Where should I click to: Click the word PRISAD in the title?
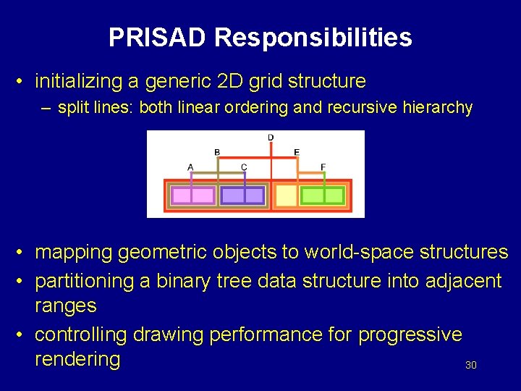tap(158, 38)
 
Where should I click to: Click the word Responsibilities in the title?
tap(313, 38)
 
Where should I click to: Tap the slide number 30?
tap(470, 366)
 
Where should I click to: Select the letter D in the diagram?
tap(271, 138)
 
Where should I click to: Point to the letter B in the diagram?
tap(217, 152)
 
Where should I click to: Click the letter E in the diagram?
tap(297, 152)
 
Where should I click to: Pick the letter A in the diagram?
tap(190, 167)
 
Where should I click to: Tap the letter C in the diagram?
tap(244, 167)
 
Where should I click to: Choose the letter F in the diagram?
tap(323, 167)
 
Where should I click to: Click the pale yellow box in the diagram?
tap(287, 195)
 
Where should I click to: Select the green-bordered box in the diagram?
tap(323, 195)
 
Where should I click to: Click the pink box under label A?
tap(192, 195)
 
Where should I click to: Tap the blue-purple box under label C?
tap(243, 195)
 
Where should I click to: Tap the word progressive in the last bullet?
tap(410, 335)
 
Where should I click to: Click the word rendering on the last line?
tap(77, 359)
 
